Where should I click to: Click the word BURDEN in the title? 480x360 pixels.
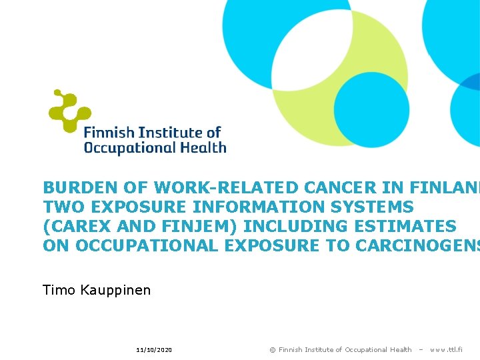[74, 188]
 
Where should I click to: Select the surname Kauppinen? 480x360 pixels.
[117, 291]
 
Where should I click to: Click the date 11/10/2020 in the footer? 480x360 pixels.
[154, 350]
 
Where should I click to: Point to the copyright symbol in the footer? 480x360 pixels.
[272, 350]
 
